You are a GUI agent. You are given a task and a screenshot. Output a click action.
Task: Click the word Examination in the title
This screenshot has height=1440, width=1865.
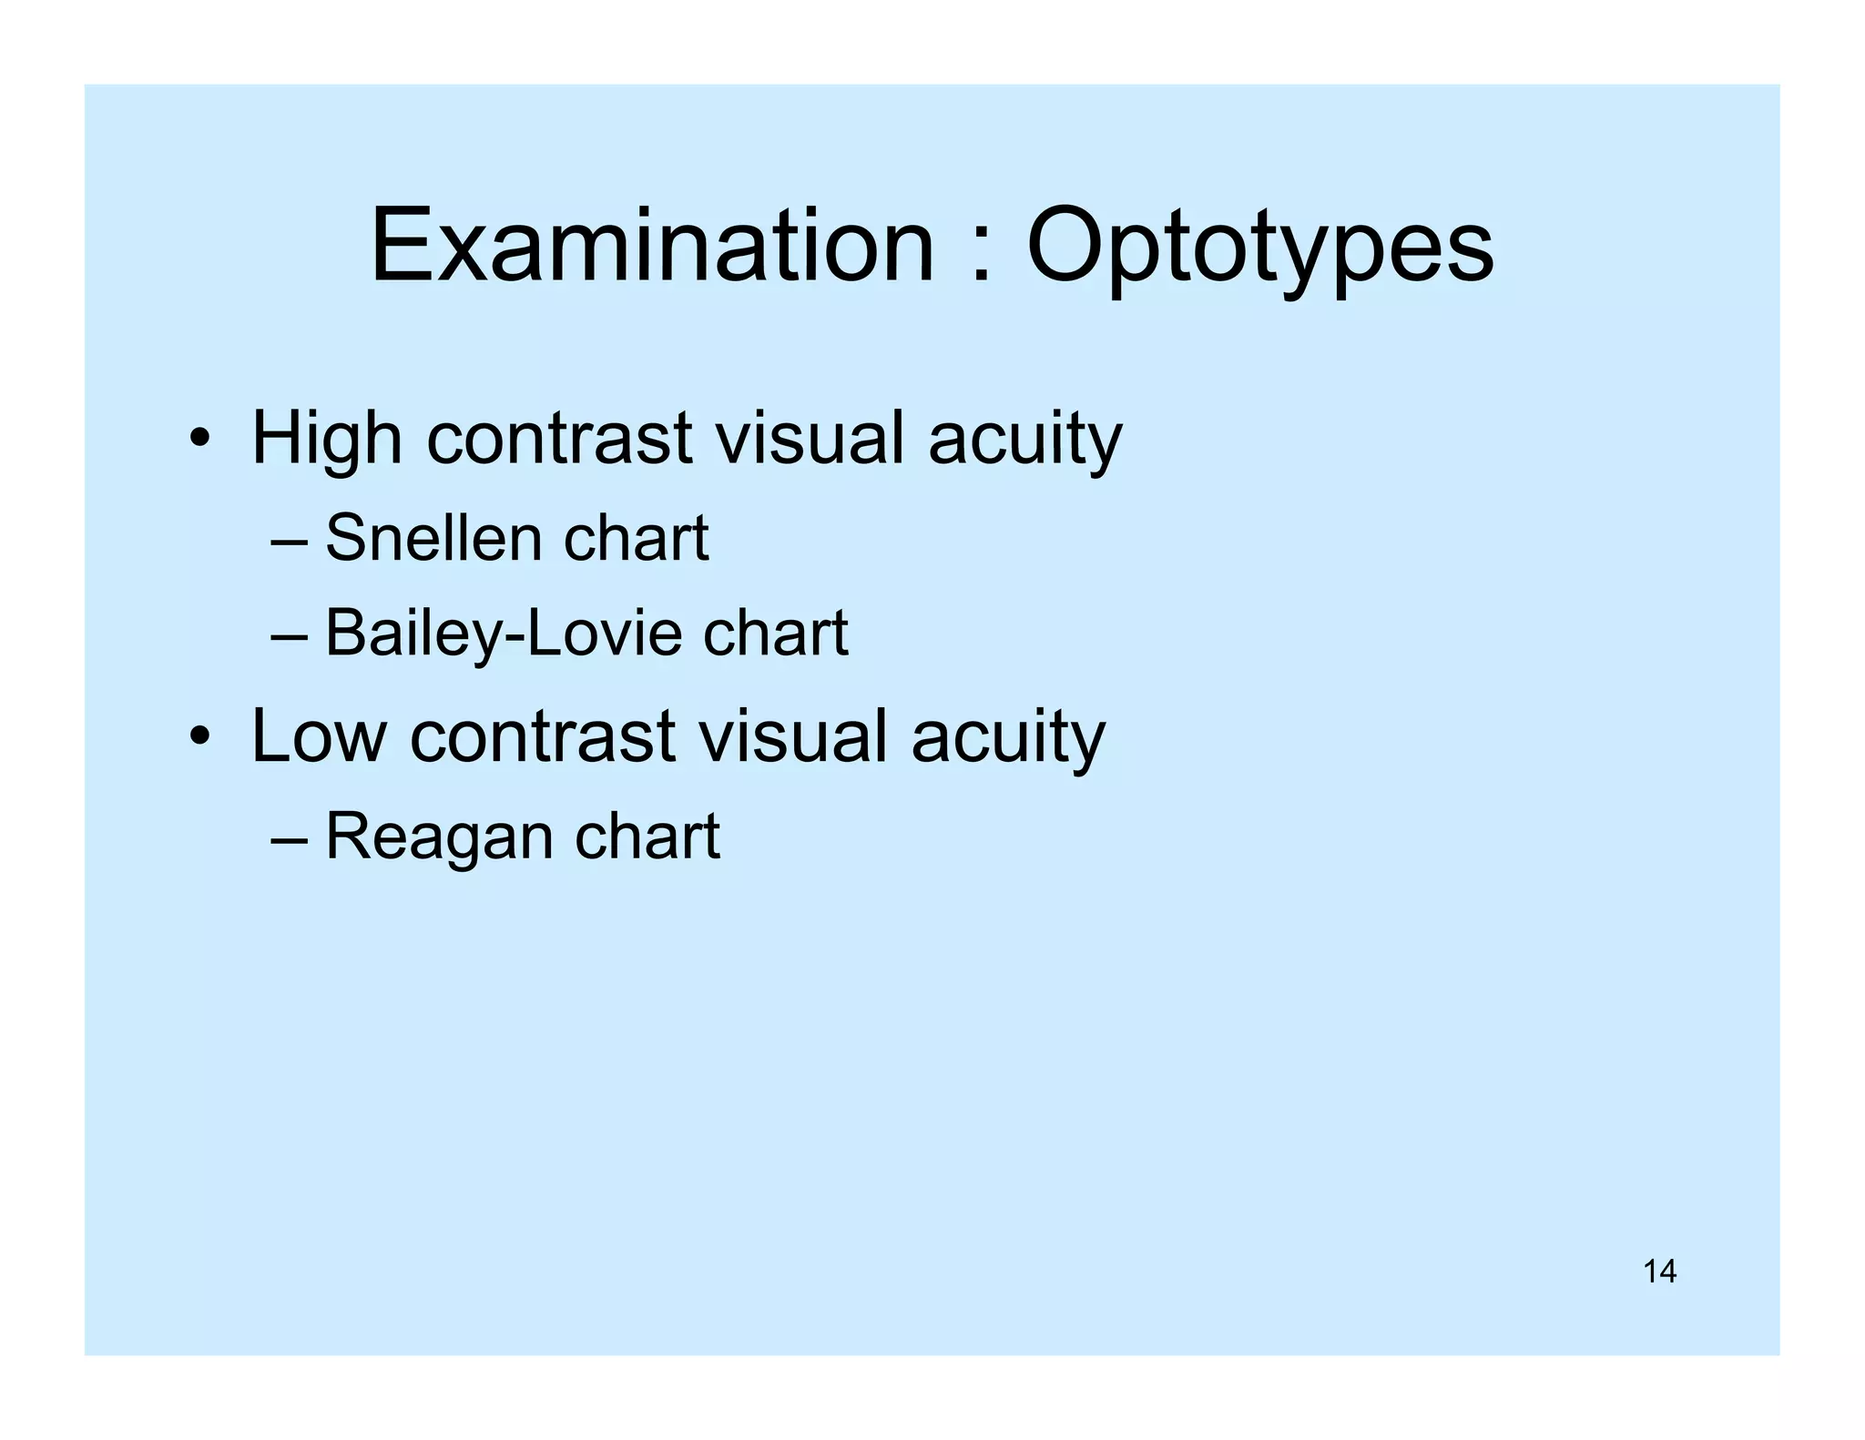[652, 246]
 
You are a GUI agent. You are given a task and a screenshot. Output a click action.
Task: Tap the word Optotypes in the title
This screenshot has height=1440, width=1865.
[1260, 248]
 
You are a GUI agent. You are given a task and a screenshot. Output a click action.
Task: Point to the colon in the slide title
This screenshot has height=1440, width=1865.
[981, 258]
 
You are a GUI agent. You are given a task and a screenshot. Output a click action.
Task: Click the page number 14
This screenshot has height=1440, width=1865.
[1659, 1271]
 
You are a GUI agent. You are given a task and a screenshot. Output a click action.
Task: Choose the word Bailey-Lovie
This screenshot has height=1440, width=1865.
[504, 634]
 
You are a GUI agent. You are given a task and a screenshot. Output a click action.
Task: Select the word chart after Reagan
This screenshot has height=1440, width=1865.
[647, 837]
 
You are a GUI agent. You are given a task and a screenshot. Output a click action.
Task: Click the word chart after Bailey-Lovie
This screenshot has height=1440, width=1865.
[775, 634]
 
